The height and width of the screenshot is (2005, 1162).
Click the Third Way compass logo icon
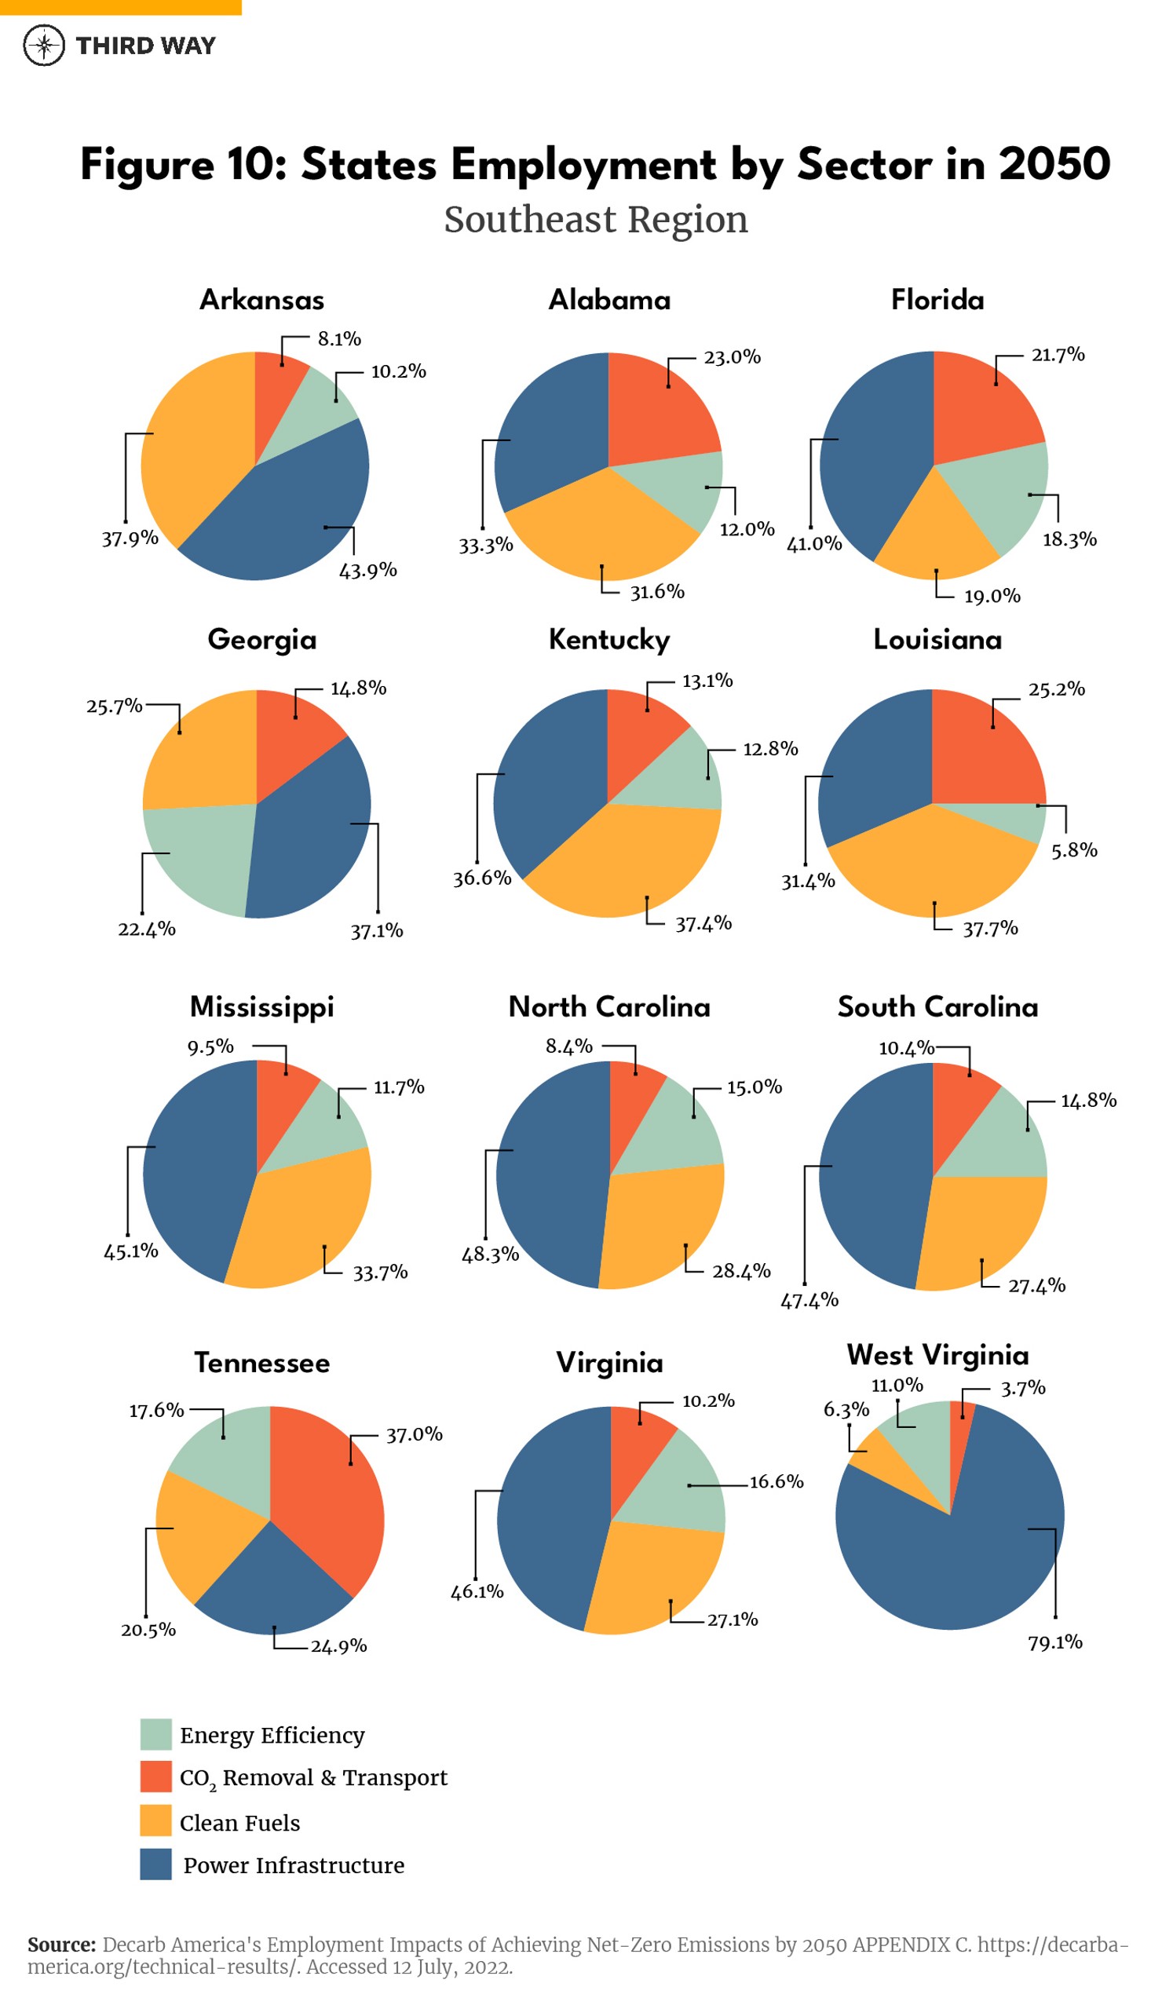click(x=44, y=45)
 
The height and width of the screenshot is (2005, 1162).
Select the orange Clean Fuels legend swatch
click(x=155, y=1821)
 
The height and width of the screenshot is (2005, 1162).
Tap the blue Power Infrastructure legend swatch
click(x=155, y=1864)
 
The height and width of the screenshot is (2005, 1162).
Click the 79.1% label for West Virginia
click(x=1054, y=1642)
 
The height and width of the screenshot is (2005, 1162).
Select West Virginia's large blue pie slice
click(x=963, y=1559)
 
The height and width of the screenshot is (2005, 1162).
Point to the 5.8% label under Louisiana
click(x=1073, y=849)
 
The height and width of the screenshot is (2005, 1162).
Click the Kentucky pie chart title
click(x=608, y=639)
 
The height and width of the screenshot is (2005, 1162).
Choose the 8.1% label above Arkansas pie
click(x=339, y=339)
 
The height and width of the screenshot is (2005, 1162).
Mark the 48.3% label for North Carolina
click(x=490, y=1254)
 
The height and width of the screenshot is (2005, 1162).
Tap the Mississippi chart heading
click(x=262, y=1006)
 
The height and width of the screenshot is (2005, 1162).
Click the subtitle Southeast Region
click(x=595, y=220)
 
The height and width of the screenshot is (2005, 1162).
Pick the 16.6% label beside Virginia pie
click(x=776, y=1481)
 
